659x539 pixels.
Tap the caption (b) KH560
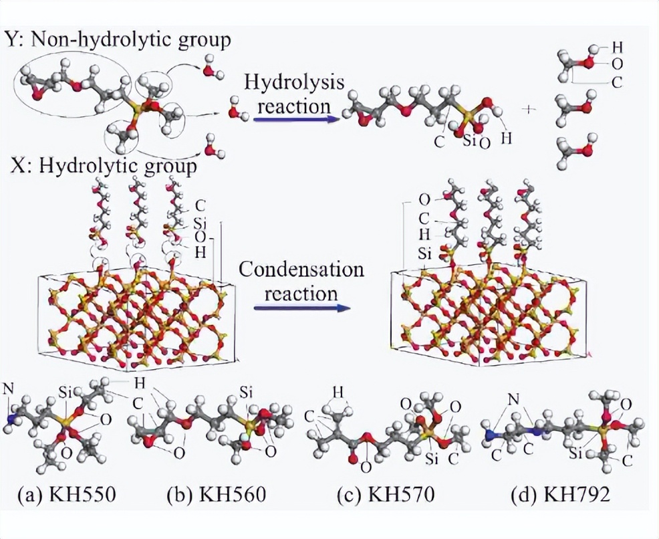[x=217, y=495]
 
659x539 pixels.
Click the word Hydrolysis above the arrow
[x=295, y=83]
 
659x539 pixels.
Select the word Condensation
[x=301, y=270]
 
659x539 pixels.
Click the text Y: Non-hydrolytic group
[x=118, y=39]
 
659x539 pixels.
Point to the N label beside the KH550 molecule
[x=8, y=389]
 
